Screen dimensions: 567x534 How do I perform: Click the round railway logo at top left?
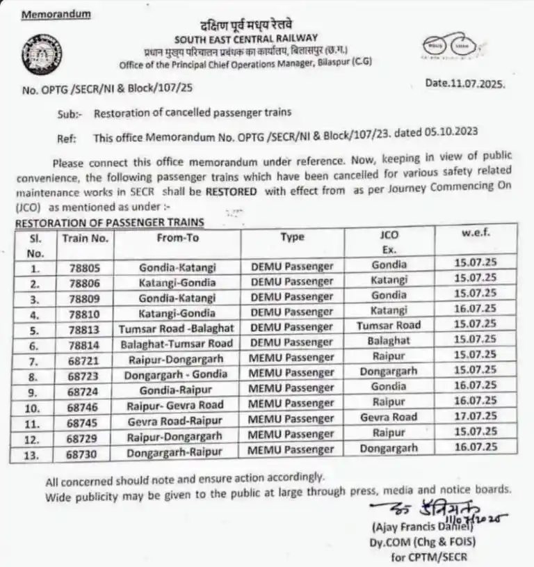pos(41,54)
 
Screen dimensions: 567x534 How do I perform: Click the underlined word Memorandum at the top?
pos(56,14)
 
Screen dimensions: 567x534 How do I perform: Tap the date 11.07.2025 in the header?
pos(465,83)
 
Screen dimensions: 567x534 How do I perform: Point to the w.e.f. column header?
pos(476,234)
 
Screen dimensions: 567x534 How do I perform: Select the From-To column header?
pos(177,237)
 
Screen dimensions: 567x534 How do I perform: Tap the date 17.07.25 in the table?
pos(476,417)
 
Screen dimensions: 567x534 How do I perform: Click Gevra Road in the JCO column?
pos(389,417)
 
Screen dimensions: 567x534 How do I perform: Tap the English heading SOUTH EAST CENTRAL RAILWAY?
pos(246,38)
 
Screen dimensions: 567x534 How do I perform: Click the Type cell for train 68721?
pos(291,358)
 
